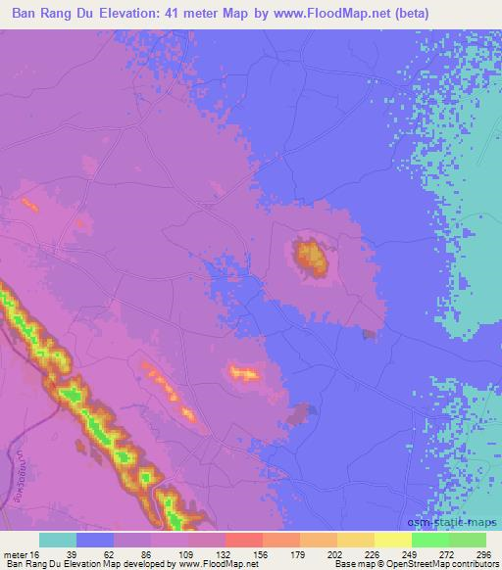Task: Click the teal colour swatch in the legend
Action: (58, 540)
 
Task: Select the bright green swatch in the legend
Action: (430, 540)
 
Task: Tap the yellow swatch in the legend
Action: (393, 540)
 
